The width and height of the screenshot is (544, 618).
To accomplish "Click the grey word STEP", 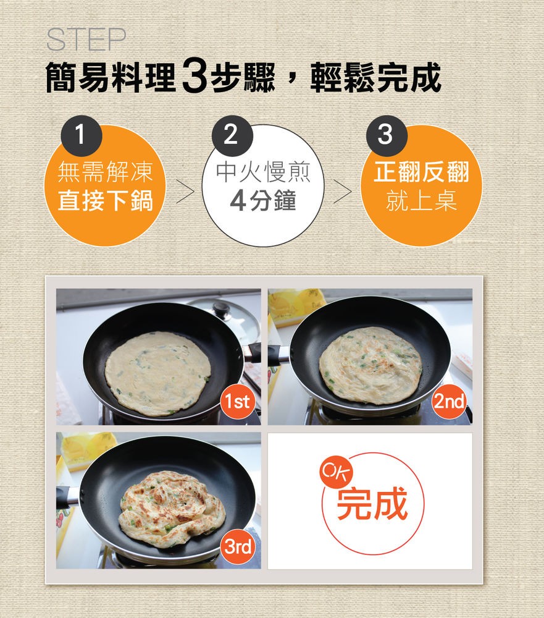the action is tap(86, 40).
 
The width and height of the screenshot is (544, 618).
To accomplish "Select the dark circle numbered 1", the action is tap(82, 135).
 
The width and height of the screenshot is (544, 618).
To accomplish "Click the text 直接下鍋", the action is tap(105, 200).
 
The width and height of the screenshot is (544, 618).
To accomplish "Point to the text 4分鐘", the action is tap(263, 200).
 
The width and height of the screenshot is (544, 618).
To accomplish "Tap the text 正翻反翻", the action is tap(422, 172).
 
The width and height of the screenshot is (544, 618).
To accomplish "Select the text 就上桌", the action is tap(422, 200).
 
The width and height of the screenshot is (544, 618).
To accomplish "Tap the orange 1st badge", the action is tap(237, 402).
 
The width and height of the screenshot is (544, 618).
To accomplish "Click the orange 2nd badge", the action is tap(449, 402).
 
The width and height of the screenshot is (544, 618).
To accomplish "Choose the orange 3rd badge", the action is tap(238, 547).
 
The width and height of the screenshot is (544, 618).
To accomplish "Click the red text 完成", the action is tap(372, 503).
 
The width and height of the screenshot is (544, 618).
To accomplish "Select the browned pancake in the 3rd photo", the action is tap(172, 509).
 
